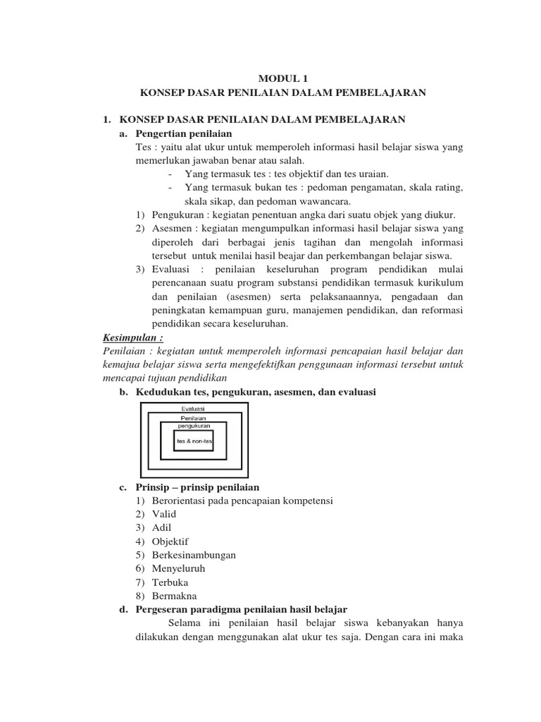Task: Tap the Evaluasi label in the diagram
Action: tap(194, 408)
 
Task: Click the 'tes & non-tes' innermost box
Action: tap(194, 441)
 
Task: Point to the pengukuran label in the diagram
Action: tap(194, 426)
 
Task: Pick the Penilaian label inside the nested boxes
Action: tap(194, 417)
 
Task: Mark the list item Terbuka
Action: tap(170, 582)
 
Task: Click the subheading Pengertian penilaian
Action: tap(183, 133)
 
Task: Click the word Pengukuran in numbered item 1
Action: tap(177, 214)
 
